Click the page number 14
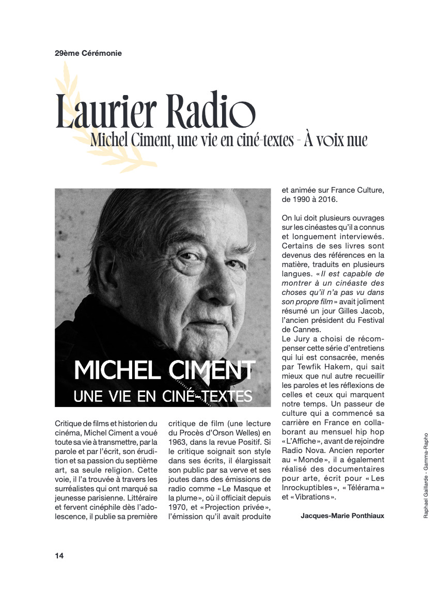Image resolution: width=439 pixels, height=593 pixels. [x=59, y=556]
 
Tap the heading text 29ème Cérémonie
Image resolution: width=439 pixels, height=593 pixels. [x=88, y=53]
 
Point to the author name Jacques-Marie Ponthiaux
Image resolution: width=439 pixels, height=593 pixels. [x=342, y=515]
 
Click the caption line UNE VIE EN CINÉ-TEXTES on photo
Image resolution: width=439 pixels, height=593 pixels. [x=163, y=396]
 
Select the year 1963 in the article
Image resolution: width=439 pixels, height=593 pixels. [x=177, y=442]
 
